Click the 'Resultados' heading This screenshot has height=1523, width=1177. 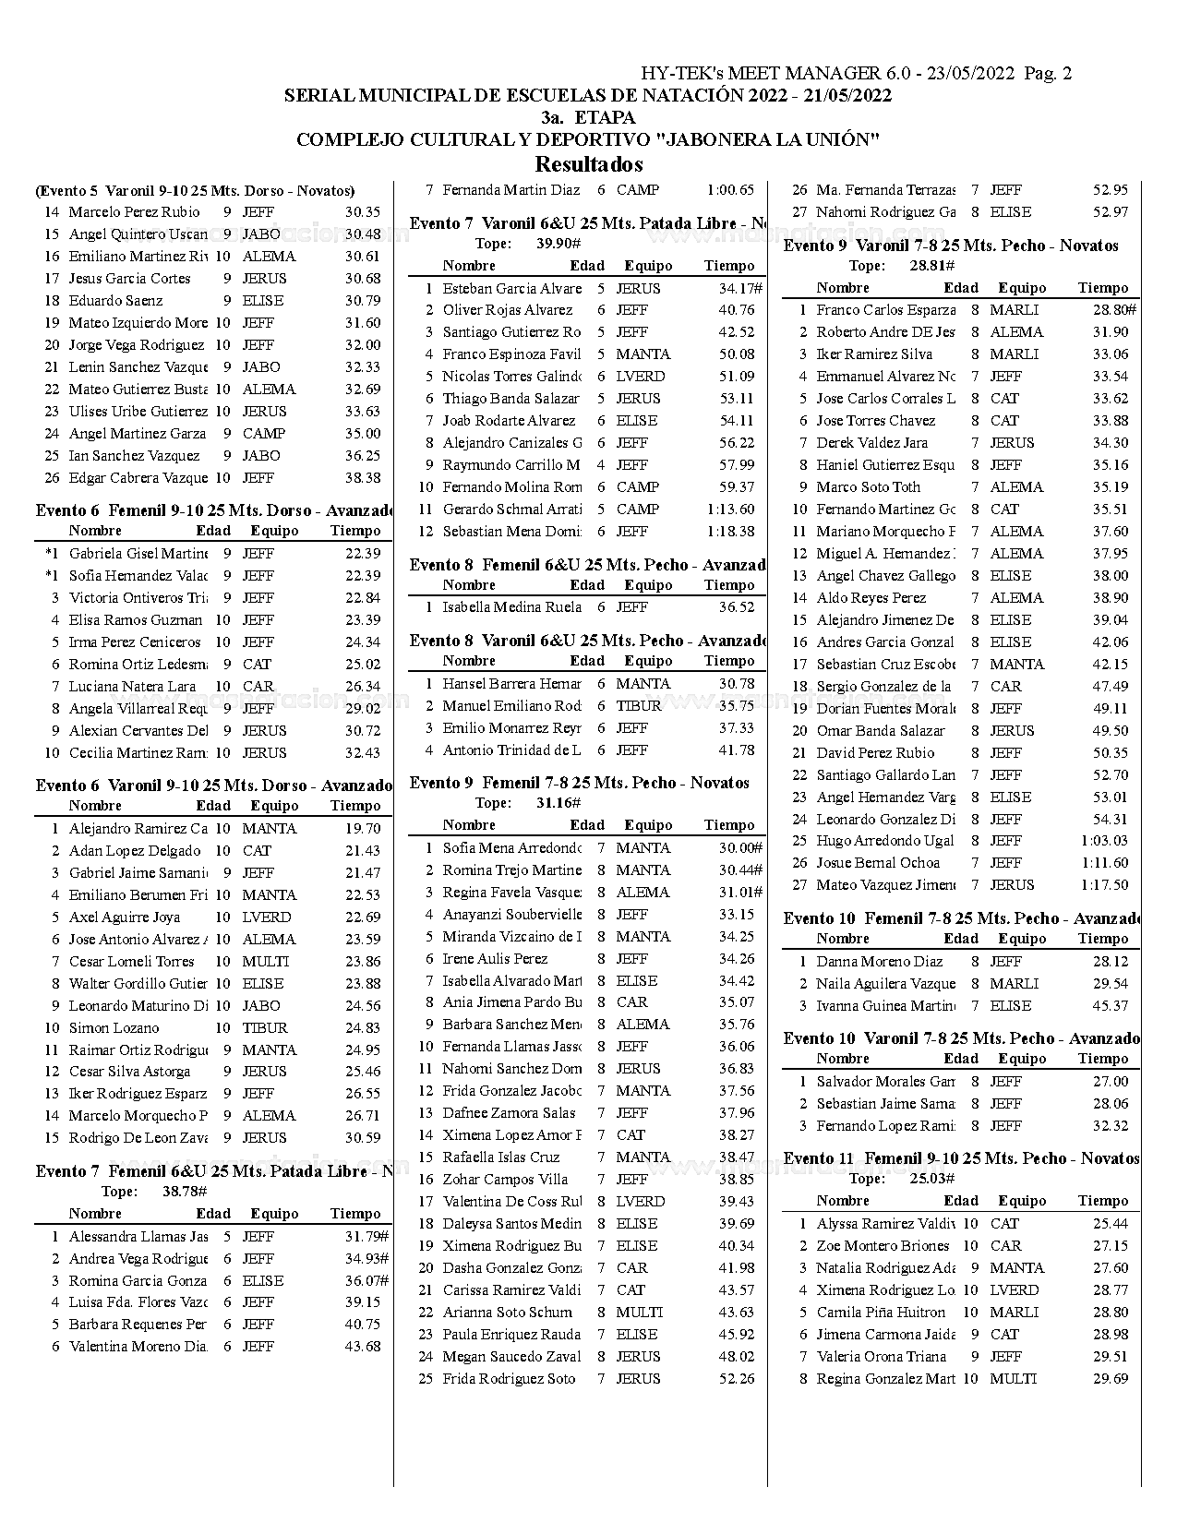(x=588, y=165)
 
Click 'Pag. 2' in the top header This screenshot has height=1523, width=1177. (x=1048, y=74)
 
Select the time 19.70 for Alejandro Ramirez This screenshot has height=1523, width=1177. (x=363, y=829)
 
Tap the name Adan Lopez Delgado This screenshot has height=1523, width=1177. (x=135, y=851)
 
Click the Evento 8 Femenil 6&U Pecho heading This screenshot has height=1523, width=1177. (x=587, y=565)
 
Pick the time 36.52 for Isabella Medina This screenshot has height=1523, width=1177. (x=736, y=607)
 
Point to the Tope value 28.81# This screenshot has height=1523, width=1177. (x=931, y=266)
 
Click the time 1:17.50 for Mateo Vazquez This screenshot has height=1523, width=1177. (x=1104, y=885)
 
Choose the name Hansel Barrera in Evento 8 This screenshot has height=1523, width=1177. (x=511, y=684)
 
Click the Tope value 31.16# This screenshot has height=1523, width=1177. (x=558, y=803)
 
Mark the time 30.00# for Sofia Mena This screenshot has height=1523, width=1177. (x=740, y=848)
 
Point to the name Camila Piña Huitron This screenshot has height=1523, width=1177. (x=881, y=1313)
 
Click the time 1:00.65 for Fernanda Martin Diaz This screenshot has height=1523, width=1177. (x=730, y=190)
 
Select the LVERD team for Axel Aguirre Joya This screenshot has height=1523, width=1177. (x=266, y=917)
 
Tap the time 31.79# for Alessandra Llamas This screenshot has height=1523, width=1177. (x=366, y=1237)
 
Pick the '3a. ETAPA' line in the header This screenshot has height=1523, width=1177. (x=588, y=118)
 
